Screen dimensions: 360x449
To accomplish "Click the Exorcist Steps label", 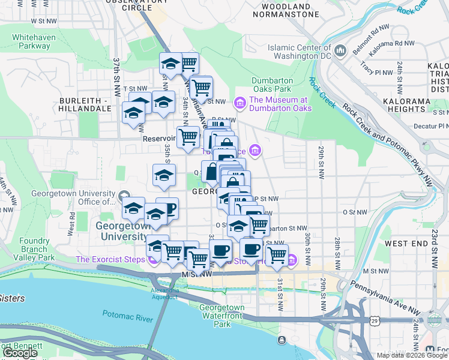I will coord(110,260).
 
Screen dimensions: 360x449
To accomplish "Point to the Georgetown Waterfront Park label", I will coord(222,316).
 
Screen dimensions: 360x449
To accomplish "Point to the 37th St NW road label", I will coord(117,71).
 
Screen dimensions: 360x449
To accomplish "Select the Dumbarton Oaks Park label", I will coord(272,85).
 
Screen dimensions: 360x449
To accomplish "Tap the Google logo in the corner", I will coord(20,353).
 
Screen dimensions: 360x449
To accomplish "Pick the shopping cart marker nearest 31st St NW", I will coord(277,254).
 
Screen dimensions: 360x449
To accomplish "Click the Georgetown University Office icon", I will coord(124,197).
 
